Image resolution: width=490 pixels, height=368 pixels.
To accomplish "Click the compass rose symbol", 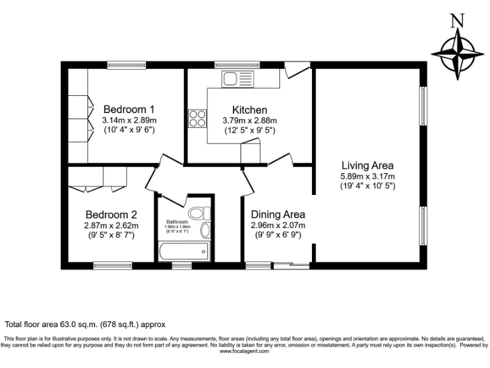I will [457, 54].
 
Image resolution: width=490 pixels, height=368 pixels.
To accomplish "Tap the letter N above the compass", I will [457, 21].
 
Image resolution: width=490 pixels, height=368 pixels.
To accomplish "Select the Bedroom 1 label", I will [130, 109].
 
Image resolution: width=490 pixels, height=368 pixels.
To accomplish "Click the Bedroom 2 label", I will [111, 215].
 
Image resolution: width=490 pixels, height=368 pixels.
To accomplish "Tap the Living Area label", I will [367, 165].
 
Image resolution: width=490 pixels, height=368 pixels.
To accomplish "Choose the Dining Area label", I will [278, 215].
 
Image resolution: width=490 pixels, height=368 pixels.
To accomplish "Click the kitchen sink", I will [237, 79].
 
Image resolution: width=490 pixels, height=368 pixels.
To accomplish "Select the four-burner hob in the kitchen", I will [197, 119].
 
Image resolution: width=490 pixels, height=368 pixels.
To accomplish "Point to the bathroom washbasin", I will [205, 231].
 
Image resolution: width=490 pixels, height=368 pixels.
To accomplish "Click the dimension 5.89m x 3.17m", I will [367, 176].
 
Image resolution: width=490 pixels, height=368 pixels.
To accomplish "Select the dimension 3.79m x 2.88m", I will [249, 120].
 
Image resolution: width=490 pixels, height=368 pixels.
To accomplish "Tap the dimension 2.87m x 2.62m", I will [111, 226].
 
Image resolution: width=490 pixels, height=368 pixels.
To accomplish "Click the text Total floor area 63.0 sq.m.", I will [85, 325].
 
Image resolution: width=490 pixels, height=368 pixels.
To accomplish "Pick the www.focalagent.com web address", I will [245, 351].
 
